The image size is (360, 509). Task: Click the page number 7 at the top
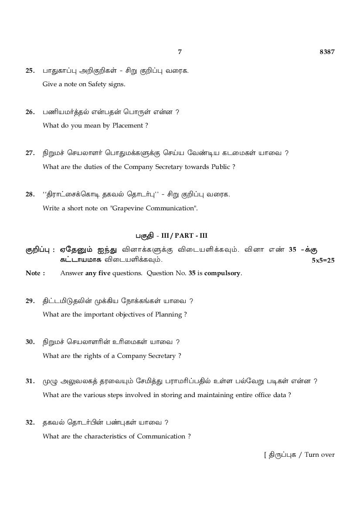(x=180, y=52)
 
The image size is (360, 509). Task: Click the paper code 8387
(x=327, y=52)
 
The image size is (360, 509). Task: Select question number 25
(x=30, y=71)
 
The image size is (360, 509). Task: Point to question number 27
(x=30, y=153)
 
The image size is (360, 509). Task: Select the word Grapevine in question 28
(x=128, y=208)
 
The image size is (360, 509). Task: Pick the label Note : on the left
(x=35, y=273)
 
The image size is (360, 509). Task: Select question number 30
(x=30, y=342)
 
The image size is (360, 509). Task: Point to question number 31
(x=30, y=381)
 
